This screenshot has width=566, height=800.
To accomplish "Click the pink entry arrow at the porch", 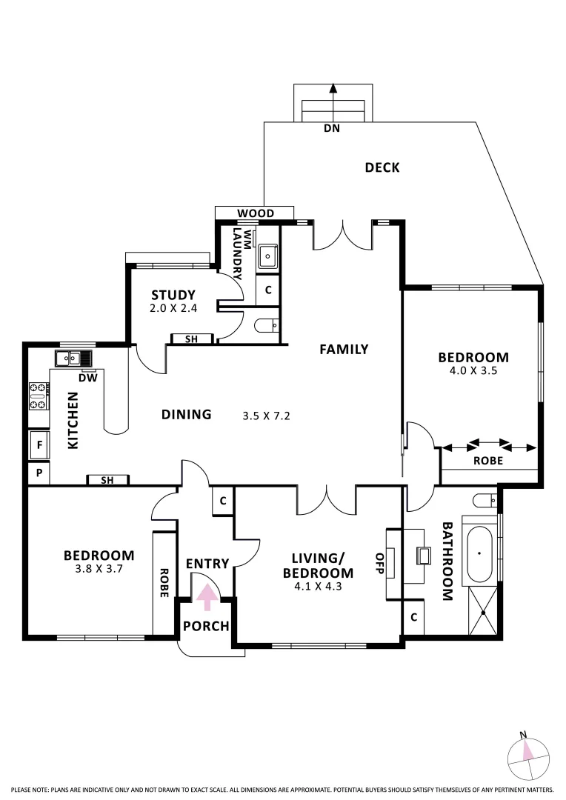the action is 206,597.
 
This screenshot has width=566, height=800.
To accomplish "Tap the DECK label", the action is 382,167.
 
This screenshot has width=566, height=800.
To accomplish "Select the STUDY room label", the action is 173,295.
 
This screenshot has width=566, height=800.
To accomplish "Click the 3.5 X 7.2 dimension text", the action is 266,416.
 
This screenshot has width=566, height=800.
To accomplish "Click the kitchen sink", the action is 74,359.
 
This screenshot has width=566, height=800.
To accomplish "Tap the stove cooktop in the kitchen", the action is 39,396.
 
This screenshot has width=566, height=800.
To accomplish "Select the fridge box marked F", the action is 39,445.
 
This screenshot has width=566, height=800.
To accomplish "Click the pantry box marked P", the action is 39,473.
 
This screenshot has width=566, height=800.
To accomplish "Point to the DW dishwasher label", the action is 88,378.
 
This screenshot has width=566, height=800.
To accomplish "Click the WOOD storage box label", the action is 256,213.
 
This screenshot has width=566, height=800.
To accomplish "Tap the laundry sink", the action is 267,256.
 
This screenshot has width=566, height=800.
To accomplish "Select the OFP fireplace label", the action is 380,563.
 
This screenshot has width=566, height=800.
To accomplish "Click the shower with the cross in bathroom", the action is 482,610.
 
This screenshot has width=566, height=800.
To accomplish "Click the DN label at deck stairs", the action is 332,128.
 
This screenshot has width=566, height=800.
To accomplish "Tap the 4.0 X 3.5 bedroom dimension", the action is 473,371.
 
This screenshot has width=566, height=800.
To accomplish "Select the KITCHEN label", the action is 73,421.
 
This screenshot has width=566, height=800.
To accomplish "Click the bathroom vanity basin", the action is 424,556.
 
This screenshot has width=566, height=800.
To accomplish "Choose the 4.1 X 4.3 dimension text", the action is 318,587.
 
